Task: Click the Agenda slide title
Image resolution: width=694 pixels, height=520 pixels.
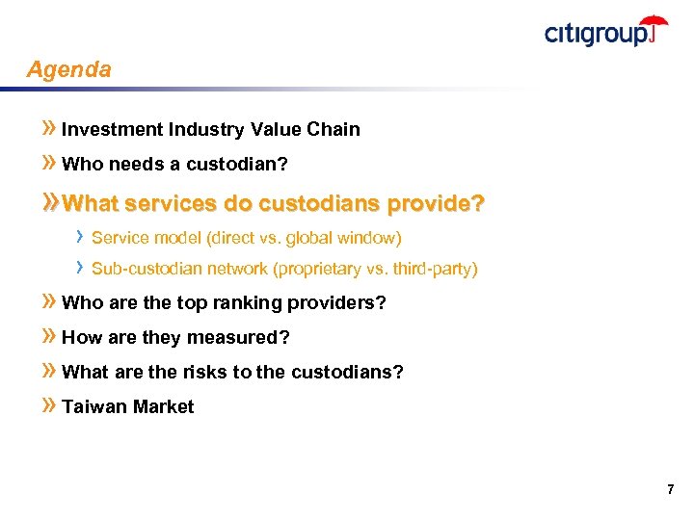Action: [69, 70]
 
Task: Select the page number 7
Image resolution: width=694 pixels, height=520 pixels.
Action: [670, 490]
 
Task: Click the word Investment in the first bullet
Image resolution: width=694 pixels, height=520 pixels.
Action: [112, 129]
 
